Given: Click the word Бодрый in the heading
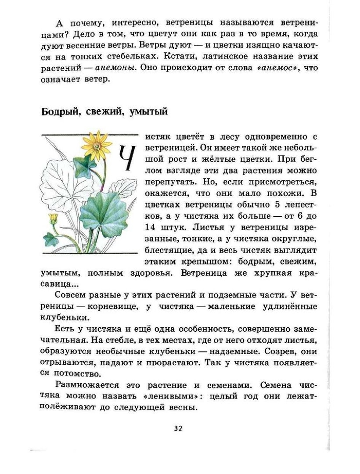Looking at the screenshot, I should click(x=60, y=112).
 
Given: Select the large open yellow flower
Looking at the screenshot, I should click(x=97, y=144).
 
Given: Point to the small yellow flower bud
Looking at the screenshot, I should click(x=54, y=218).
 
